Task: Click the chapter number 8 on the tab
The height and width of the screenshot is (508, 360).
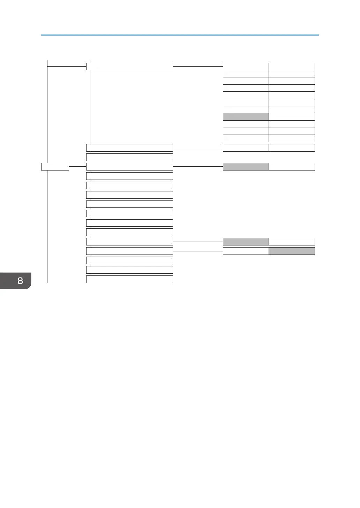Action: [20, 280]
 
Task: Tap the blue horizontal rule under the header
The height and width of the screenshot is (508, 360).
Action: [180, 35]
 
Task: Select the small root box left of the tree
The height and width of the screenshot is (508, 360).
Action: [55, 167]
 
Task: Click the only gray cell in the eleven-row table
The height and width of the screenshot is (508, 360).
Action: [246, 117]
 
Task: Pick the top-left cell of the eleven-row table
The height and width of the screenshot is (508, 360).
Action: [246, 66]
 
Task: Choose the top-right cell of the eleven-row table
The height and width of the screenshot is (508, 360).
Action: [292, 66]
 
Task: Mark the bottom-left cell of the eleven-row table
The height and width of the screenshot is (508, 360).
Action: [246, 138]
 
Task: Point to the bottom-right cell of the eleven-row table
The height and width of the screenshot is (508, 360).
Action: [292, 138]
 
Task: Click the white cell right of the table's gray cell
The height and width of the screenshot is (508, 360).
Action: [292, 117]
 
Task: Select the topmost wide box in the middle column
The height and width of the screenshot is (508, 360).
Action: [129, 66]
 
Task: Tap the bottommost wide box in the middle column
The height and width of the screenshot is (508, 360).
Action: [129, 279]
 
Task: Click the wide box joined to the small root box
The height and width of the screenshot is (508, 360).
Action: [129, 167]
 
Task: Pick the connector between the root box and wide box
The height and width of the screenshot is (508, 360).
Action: [77, 167]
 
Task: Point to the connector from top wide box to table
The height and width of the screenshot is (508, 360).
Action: [198, 66]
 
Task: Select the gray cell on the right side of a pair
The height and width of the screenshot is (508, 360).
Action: [292, 251]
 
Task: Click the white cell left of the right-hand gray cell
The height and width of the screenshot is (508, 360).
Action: [246, 251]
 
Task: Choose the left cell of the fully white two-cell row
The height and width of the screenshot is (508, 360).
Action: [246, 148]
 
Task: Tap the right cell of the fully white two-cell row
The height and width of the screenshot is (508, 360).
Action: [292, 148]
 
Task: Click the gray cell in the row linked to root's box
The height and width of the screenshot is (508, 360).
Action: [246, 167]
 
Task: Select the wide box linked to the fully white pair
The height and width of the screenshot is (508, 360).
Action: [129, 148]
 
